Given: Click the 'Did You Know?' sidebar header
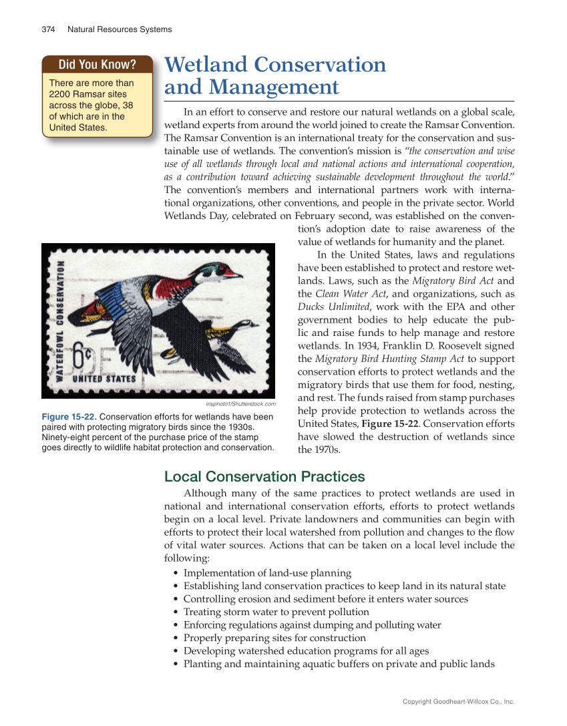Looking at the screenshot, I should point(97,65).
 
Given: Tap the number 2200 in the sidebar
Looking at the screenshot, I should point(62,94).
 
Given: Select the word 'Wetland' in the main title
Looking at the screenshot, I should point(204,65).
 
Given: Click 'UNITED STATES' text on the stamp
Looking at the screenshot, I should point(104,379).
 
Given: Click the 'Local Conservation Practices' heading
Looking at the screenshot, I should point(264,477).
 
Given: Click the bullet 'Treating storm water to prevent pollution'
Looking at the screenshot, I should point(276,612).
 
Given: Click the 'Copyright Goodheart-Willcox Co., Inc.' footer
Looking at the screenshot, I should point(458,702).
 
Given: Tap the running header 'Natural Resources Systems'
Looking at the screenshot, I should point(120,29).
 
